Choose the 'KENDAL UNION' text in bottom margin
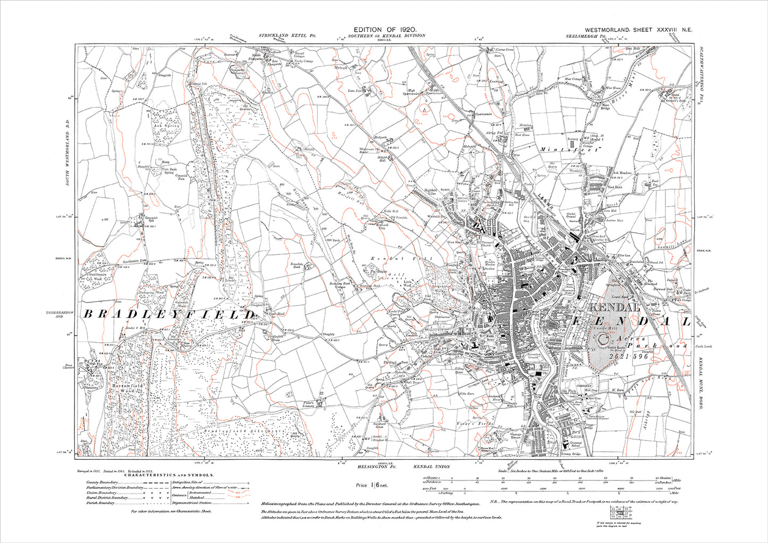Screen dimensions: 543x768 tap(431, 466)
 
